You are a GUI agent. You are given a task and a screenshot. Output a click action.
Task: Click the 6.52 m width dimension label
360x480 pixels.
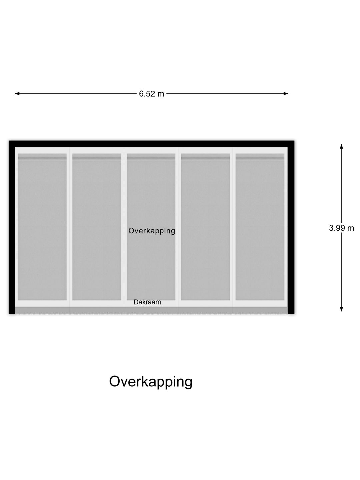[x=151, y=94]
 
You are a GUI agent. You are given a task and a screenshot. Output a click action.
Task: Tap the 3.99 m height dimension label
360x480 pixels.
[x=341, y=228]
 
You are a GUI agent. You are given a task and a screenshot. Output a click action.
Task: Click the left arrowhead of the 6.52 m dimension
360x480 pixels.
[x=17, y=94]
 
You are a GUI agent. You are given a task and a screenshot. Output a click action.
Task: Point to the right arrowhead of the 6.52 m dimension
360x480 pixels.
[x=286, y=94]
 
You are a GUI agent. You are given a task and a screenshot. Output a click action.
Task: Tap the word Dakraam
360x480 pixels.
[x=147, y=302]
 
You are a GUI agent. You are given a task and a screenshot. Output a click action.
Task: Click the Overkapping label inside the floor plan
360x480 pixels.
[x=152, y=231]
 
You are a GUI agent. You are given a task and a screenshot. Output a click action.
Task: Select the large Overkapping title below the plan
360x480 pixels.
[x=151, y=382]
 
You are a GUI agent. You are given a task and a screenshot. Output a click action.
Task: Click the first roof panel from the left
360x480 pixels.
[x=42, y=227]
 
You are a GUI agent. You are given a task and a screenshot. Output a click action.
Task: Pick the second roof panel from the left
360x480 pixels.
[x=97, y=227]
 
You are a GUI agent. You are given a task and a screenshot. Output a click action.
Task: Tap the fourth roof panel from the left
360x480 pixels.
[x=205, y=227]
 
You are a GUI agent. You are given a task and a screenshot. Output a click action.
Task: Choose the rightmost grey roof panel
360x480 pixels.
[x=260, y=227]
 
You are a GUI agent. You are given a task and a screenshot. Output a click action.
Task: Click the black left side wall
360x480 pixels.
[x=12, y=227]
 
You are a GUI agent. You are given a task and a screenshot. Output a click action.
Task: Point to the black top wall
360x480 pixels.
[x=151, y=144]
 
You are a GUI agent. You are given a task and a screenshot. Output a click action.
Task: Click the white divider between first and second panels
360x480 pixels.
[x=70, y=227]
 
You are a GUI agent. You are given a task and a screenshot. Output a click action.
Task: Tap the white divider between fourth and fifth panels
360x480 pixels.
[x=233, y=227]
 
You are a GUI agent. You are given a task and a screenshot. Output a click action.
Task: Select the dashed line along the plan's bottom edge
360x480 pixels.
[x=151, y=314]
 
